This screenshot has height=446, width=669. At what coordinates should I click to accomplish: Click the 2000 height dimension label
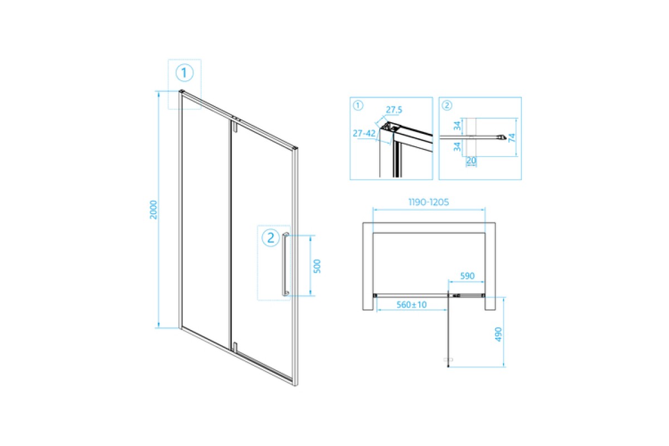coord(153,210)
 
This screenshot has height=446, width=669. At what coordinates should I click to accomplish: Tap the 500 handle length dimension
coord(317,266)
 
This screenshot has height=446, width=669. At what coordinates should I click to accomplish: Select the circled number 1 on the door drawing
coord(185,73)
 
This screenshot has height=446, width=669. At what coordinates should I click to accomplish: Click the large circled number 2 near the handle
coord(270,238)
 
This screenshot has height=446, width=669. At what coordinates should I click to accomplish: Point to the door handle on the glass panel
coord(285,264)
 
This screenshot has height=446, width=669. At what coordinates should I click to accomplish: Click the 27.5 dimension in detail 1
coord(394,110)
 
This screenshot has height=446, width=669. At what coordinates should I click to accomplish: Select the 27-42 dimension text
coord(364,133)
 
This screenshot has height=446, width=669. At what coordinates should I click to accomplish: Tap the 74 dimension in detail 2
coord(512,138)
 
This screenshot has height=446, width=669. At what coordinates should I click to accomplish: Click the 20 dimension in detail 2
coord(471,161)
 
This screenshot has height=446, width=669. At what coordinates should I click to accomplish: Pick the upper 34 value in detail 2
coord(457,126)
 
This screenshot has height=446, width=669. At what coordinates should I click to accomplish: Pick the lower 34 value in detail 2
coord(457,147)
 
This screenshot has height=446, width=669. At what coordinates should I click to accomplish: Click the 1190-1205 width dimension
coord(429,202)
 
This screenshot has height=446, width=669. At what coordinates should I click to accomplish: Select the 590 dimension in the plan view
coord(467,276)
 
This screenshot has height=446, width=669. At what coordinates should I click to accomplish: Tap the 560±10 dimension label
coord(411,305)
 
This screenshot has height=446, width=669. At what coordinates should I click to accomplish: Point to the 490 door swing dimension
coord(498,334)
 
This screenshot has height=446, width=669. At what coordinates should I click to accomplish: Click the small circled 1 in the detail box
coord(358,105)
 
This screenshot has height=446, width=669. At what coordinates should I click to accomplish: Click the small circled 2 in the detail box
coord(447,105)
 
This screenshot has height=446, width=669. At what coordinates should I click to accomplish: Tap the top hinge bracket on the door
coord(235,125)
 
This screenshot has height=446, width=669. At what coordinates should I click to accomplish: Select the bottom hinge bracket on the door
coord(235,347)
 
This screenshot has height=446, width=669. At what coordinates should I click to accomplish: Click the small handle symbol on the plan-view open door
coord(448,360)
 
